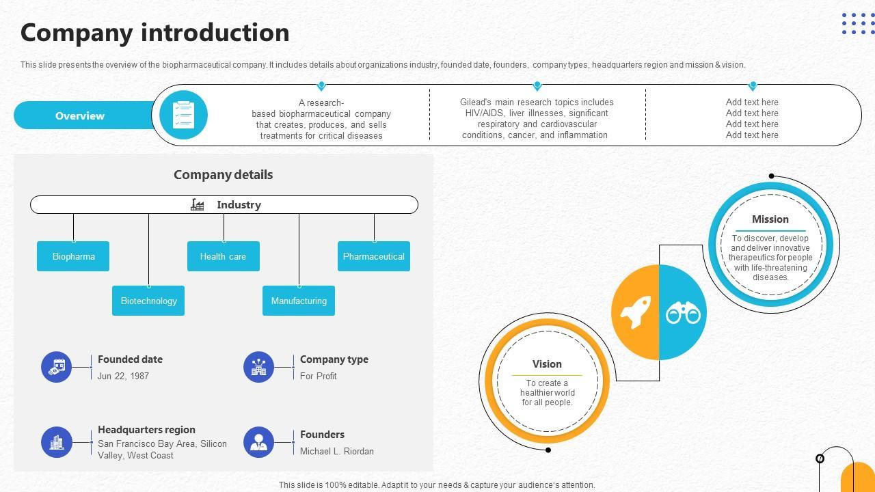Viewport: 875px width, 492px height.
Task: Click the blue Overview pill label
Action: [80, 115]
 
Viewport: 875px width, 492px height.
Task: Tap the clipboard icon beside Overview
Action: [183, 115]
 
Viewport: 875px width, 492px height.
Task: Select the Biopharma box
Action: [73, 256]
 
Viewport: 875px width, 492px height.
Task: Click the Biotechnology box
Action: [148, 301]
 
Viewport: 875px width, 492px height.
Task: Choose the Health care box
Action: [224, 256]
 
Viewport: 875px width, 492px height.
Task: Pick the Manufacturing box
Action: [299, 301]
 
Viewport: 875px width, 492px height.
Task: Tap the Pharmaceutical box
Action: [374, 256]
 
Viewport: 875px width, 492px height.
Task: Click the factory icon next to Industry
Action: [198, 204]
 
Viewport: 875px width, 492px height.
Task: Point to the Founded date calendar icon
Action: [57, 367]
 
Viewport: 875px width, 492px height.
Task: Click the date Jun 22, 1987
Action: [123, 376]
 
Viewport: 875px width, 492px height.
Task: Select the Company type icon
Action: [258, 367]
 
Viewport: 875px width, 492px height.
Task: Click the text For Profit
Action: [318, 376]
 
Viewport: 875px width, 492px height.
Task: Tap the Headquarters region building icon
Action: [57, 442]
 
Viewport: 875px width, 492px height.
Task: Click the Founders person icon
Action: [258, 442]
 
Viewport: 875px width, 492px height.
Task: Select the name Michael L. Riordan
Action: [336, 451]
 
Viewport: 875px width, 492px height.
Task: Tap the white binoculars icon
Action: [683, 313]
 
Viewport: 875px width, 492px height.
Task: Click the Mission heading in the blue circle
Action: [770, 219]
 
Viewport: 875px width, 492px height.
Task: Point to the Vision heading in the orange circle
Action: [547, 364]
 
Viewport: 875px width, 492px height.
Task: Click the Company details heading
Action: [223, 175]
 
